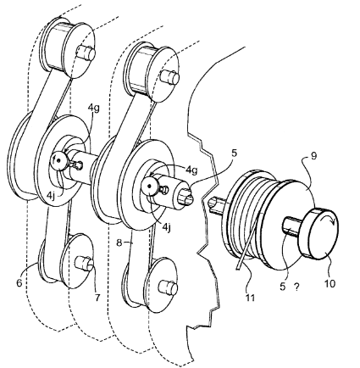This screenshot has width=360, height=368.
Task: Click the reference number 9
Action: pyautogui.click(x=313, y=156)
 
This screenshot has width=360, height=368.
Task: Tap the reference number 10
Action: pyautogui.click(x=330, y=283)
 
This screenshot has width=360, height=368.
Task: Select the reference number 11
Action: pyautogui.click(x=250, y=297)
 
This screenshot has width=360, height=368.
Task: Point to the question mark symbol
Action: pyautogui.click(x=296, y=287)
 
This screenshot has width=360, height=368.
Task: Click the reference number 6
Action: pyautogui.click(x=19, y=283)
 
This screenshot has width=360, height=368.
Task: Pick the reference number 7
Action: pyautogui.click(x=97, y=298)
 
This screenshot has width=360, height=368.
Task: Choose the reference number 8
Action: pyautogui.click(x=119, y=243)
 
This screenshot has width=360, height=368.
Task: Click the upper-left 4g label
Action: pyautogui.click(x=94, y=109)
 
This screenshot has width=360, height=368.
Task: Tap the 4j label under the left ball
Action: pyautogui.click(x=51, y=196)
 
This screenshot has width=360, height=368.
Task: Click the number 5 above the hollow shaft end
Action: pyautogui.click(x=234, y=153)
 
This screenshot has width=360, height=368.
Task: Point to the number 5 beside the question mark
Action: pyautogui.click(x=283, y=287)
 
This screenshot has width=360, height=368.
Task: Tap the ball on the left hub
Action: pyautogui.click(x=58, y=161)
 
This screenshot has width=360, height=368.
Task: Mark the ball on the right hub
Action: pyautogui.click(x=149, y=187)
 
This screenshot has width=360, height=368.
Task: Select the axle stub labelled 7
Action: pyautogui.click(x=84, y=263)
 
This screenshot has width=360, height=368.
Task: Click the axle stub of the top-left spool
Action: pyautogui.click(x=86, y=53)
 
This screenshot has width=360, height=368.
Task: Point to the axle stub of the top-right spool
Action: pyautogui.click(x=169, y=77)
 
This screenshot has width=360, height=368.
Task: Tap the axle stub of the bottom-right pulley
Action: pyautogui.click(x=168, y=287)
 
